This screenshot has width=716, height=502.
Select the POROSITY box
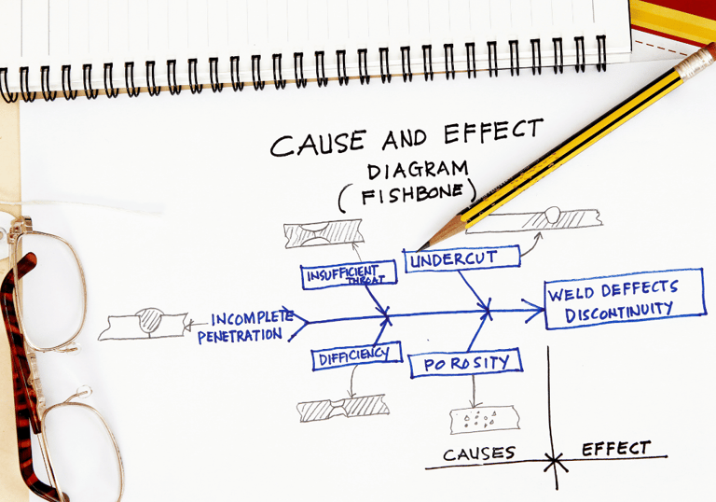(x=464, y=362)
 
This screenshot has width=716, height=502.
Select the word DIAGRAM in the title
(x=416, y=170)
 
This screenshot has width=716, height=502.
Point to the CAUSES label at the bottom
(x=479, y=453)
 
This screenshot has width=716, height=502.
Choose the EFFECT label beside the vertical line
(x=615, y=449)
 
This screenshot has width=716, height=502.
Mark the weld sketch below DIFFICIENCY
(x=338, y=409)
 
